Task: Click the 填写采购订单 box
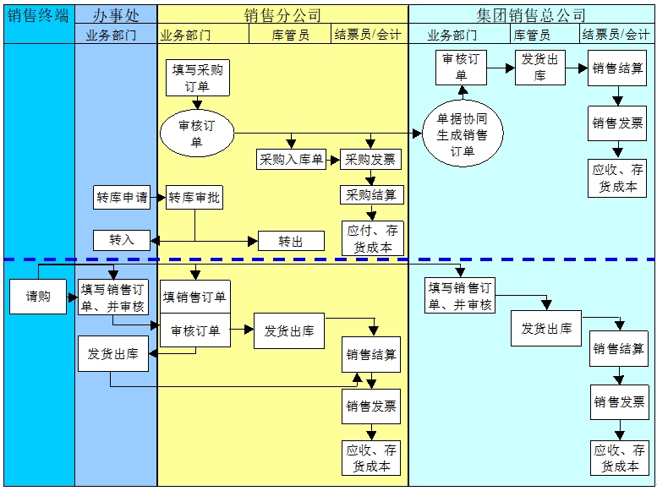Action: point(197,78)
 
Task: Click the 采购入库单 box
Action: point(291,159)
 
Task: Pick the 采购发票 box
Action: point(370,159)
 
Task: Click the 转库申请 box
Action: point(122,199)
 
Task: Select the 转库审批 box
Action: point(194,199)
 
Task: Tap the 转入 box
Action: point(122,240)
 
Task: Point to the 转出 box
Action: point(290,242)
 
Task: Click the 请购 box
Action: point(38,297)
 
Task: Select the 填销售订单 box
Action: point(194,297)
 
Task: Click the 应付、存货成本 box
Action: point(372,238)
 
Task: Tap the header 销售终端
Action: point(38,14)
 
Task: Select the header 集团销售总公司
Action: point(531,14)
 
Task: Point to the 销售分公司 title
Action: point(282,14)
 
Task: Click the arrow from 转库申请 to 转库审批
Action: point(156,199)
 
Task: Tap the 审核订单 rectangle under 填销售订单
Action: point(194,330)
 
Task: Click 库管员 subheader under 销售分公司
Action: point(290,35)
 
